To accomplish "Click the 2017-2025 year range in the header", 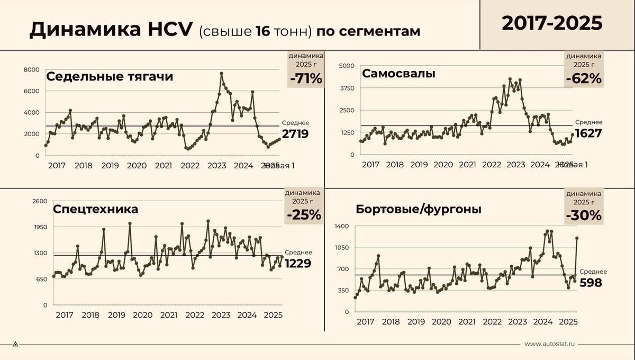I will pyautogui.click(x=552, y=23).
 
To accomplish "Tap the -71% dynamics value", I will pyautogui.click(x=305, y=79).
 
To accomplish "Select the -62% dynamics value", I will pyautogui.click(x=583, y=78).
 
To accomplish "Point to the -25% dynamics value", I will pyautogui.click(x=304, y=215).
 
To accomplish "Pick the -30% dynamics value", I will pyautogui.click(x=583, y=215).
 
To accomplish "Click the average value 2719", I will pyautogui.click(x=295, y=134).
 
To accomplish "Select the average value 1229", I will pyautogui.click(x=298, y=263).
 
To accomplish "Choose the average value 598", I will pyautogui.click(x=591, y=283).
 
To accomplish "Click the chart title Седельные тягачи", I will pyautogui.click(x=110, y=77).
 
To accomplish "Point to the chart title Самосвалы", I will pyautogui.click(x=398, y=74).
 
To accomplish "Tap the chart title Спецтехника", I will pyautogui.click(x=95, y=209).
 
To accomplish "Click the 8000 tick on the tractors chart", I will pyautogui.click(x=32, y=69).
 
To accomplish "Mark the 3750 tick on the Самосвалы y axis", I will pyautogui.click(x=347, y=88).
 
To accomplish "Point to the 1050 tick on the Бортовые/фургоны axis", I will pyautogui.click(x=342, y=247).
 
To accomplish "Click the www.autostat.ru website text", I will pyautogui.click(x=550, y=344).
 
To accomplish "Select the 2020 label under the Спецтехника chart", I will pyautogui.click(x=142, y=315).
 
